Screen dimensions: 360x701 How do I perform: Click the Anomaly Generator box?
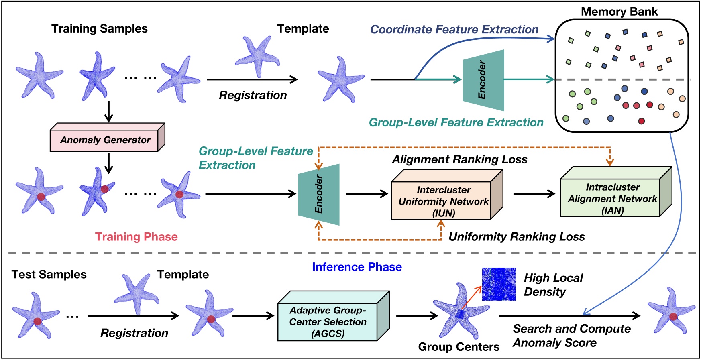click(105, 140)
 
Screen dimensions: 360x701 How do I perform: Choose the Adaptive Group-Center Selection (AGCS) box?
click(328, 321)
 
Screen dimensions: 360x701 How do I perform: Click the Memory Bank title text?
click(619, 12)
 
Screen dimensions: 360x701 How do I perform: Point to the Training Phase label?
click(136, 237)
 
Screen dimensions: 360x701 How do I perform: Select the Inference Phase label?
click(357, 267)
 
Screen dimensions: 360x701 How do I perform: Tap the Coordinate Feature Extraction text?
click(454, 30)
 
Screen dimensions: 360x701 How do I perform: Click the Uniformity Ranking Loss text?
click(516, 237)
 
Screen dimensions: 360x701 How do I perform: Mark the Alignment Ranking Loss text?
click(459, 160)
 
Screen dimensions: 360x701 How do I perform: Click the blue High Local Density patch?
click(499, 284)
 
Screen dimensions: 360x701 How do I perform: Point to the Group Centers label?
click(459, 347)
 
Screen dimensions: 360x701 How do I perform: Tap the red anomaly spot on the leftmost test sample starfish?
click(37, 321)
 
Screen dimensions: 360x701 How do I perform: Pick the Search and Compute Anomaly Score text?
click(571, 336)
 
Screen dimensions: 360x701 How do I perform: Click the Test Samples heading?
click(49, 275)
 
